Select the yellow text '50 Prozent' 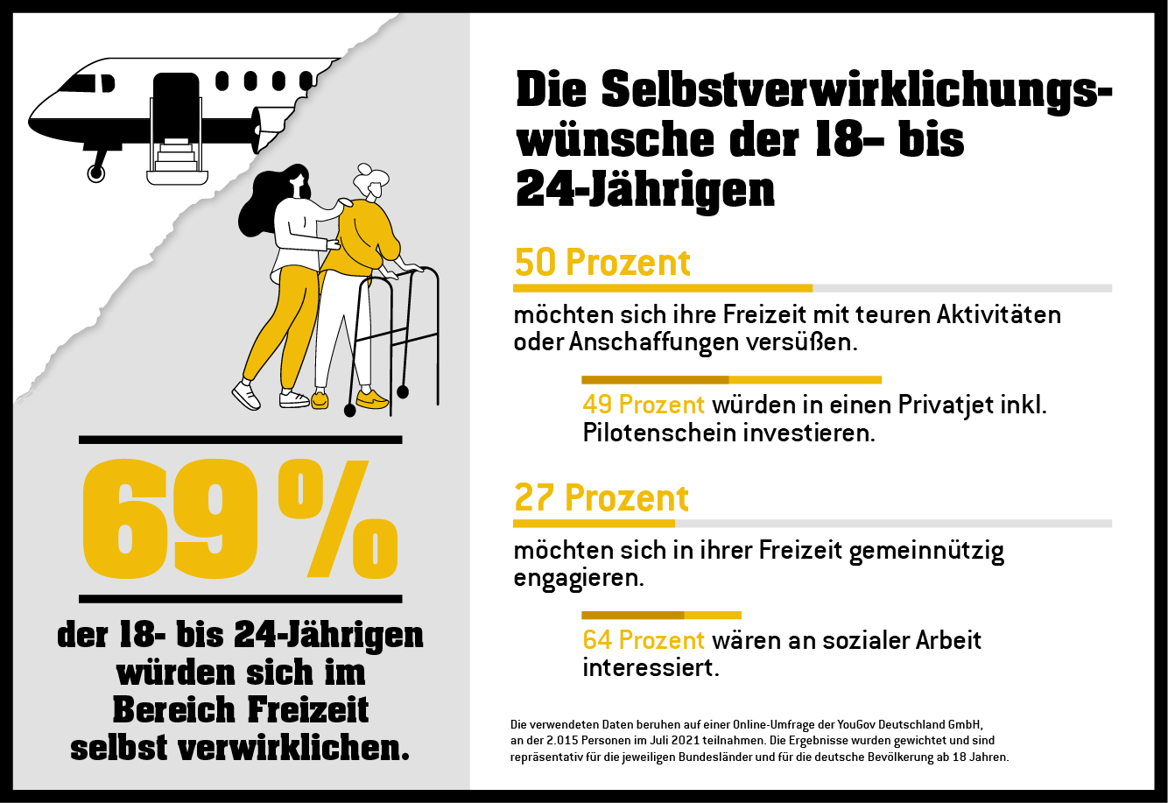point(602,263)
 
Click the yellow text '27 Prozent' point(601,498)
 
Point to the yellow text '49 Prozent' point(644,405)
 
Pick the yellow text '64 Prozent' point(644,640)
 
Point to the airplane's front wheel point(96,173)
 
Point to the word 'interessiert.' point(651,668)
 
